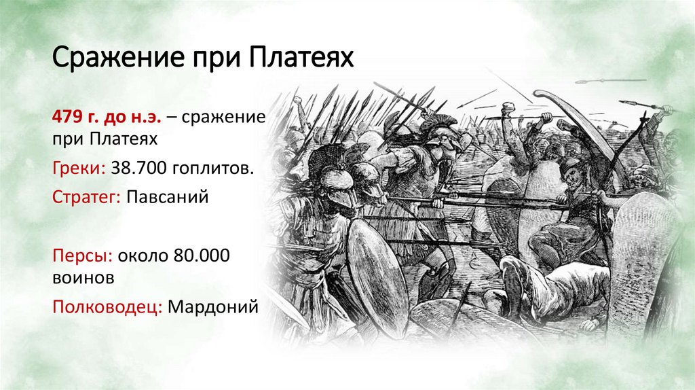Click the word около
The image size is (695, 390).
pos(139,257)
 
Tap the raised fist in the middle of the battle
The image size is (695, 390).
pos(508,111)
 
